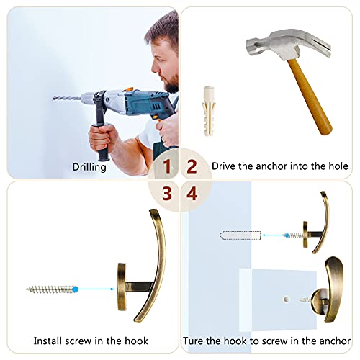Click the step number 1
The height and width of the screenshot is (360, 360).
tap(167, 167)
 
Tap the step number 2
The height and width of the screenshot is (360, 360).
tap(192, 167)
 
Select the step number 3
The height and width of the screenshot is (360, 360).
tap(167, 193)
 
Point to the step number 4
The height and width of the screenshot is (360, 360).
tap(192, 193)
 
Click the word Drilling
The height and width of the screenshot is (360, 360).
tap(90, 167)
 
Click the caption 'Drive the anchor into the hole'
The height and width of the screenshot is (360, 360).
tap(280, 166)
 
